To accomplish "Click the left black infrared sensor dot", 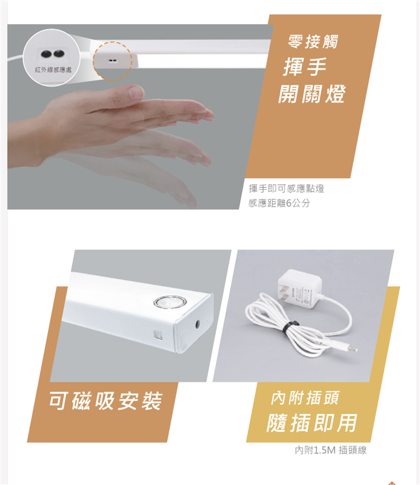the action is [x=47, y=55].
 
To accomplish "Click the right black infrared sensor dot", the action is [x=59, y=54].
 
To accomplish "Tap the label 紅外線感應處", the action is [x=53, y=70].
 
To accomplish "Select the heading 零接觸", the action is [x=313, y=41].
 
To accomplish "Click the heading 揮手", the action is [x=305, y=67].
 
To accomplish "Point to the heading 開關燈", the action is [x=312, y=93].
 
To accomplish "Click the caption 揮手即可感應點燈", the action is [x=287, y=189].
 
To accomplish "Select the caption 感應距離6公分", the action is [x=279, y=203].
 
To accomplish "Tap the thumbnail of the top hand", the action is [x=136, y=92].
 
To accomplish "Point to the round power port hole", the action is [x=197, y=324].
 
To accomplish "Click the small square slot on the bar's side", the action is [x=158, y=335].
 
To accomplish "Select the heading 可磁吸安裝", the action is [x=106, y=401].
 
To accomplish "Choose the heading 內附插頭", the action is [x=305, y=398].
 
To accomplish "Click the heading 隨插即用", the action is [x=312, y=423].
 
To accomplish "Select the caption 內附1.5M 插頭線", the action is [x=331, y=450].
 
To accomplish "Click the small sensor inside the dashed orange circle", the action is [x=112, y=60].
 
